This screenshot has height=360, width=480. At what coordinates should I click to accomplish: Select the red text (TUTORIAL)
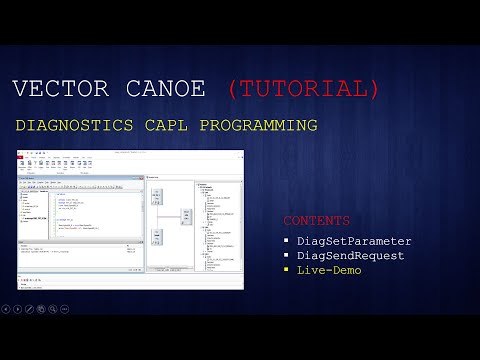304,89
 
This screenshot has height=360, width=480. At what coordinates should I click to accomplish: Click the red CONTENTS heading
316,220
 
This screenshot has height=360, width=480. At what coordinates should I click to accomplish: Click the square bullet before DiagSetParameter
286,241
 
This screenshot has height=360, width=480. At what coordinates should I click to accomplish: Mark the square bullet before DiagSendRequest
286,256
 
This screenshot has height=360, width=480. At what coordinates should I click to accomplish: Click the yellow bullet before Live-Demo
286,271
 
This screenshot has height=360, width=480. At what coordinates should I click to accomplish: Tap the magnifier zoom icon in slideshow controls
52,309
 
